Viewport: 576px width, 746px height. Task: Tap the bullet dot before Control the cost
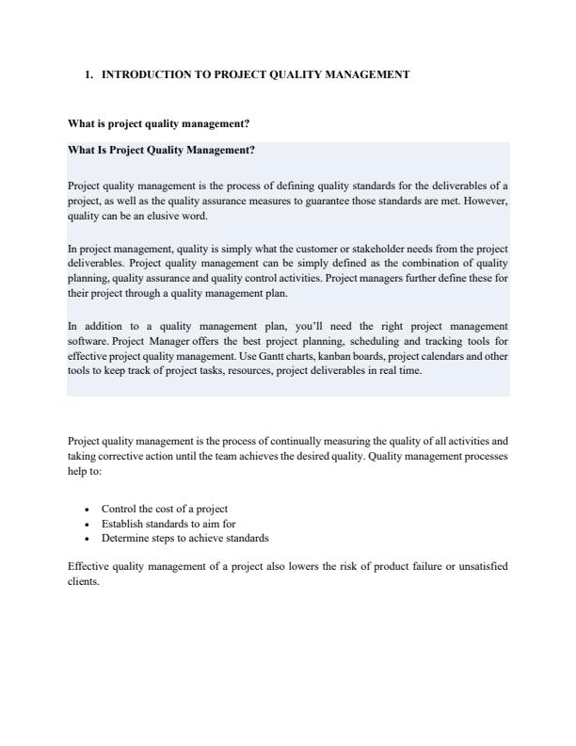87,509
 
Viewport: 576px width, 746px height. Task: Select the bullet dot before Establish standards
87,524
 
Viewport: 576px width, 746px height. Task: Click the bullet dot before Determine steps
87,539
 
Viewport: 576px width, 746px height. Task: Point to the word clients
83,581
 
